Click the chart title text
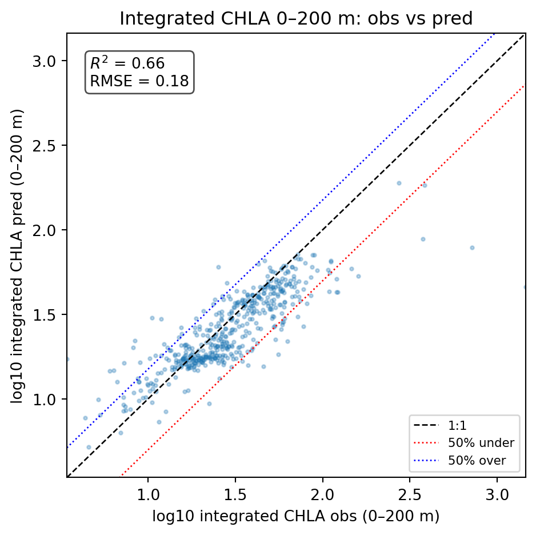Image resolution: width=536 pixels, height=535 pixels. [296, 19]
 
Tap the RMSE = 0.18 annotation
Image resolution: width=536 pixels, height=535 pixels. [139, 82]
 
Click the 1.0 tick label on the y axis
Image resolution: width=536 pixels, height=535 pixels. [49, 399]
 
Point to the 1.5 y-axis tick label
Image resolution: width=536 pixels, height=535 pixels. [49, 314]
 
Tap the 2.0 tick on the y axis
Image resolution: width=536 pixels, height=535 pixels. [49, 230]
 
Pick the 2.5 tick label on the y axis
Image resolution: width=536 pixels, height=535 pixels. [49, 145]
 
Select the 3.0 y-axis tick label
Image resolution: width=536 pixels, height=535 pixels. [49, 61]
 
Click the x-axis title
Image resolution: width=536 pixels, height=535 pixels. [295, 516]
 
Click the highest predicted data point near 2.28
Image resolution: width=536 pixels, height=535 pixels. [399, 183]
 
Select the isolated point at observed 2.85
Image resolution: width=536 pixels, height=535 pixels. [472, 247]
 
